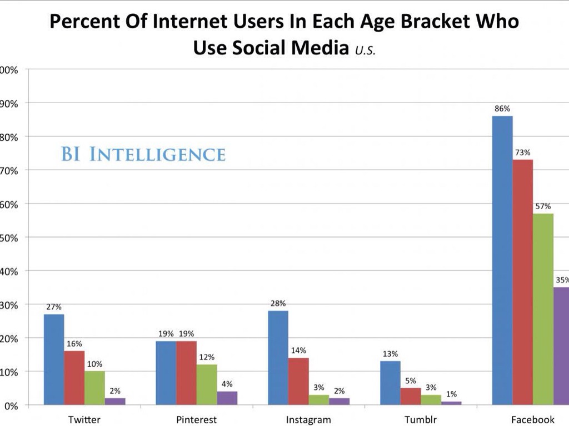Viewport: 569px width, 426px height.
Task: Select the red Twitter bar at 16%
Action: click(74, 378)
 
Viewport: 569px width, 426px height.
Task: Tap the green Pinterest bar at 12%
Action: click(207, 384)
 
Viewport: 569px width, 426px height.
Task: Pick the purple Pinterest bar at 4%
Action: click(227, 398)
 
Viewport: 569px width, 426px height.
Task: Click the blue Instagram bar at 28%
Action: click(278, 358)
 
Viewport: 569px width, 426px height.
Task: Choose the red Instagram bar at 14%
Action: click(298, 381)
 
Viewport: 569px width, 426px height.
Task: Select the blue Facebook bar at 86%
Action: click(502, 261)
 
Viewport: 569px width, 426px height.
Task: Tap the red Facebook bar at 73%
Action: click(522, 282)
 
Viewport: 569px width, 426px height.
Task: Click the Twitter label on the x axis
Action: click(84, 419)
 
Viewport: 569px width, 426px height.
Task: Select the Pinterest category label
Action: click(196, 419)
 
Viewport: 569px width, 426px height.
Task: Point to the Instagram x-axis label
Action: click(308, 419)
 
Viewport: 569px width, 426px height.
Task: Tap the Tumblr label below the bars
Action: click(421, 419)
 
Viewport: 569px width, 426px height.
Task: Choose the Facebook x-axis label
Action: click(533, 419)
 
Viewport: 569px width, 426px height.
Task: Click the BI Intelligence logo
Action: click(143, 154)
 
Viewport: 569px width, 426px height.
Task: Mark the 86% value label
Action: click(502, 109)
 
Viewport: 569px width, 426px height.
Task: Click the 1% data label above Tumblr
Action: click(451, 394)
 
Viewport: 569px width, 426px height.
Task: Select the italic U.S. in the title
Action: click(364, 50)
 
